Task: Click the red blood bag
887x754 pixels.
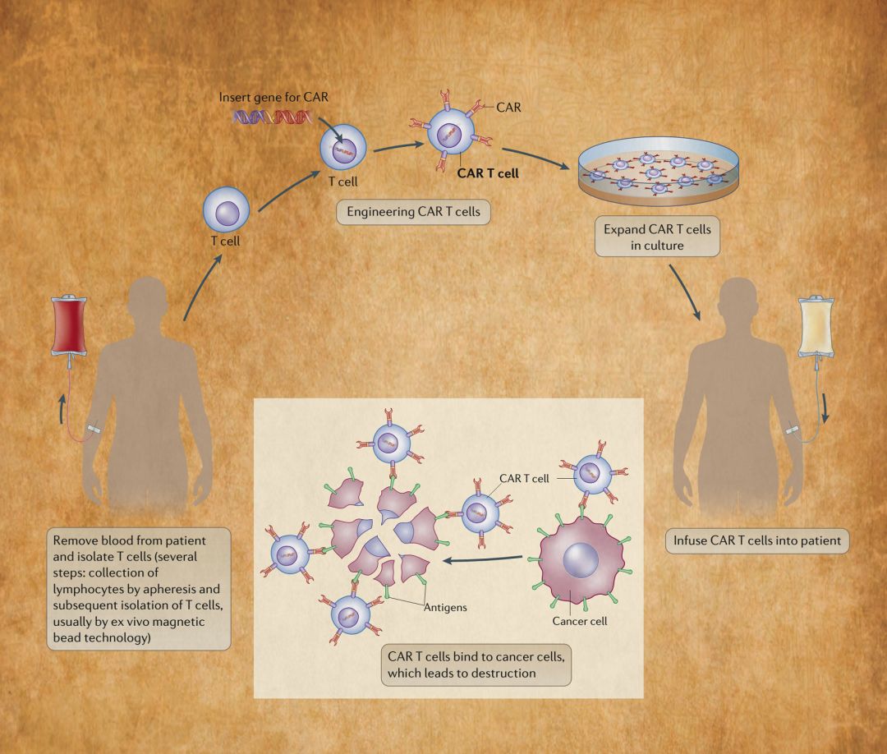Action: click(68, 324)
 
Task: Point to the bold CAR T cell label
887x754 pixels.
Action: click(488, 173)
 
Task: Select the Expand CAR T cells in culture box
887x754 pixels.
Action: click(657, 238)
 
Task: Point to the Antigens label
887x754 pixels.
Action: click(445, 608)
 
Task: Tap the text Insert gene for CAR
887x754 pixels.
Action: click(267, 97)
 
